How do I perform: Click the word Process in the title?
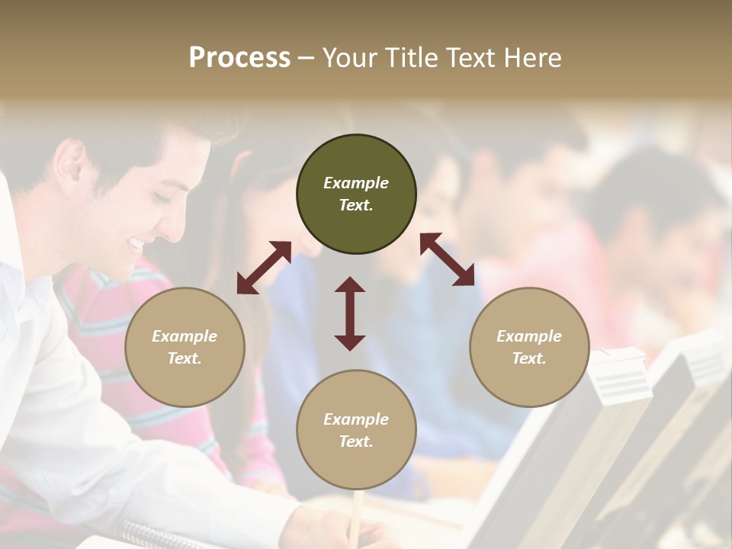239,58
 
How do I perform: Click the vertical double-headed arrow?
350,313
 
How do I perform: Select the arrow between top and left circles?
264,268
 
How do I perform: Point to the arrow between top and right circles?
447,259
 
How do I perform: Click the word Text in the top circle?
355,205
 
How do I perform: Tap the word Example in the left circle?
185,336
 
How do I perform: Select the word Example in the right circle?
529,336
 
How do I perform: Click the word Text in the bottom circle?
355,441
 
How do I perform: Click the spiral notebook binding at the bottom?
152,534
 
